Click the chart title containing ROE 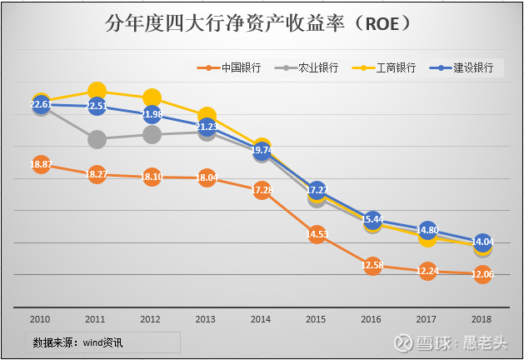pos(261,22)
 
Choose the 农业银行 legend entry pos(307,67)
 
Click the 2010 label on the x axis pos(41,318)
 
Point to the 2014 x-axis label pos(262,318)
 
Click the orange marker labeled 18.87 pos(41,164)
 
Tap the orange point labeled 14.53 pos(317,234)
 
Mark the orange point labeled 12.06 pos(482,274)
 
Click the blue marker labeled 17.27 pos(317,190)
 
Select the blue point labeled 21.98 pos(152,113)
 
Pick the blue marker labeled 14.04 pos(482,242)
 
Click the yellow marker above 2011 pos(97,91)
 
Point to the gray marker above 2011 pos(97,138)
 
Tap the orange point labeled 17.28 pos(262,190)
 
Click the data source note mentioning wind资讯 pos(82,342)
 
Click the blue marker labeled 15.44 pos(372,219)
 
